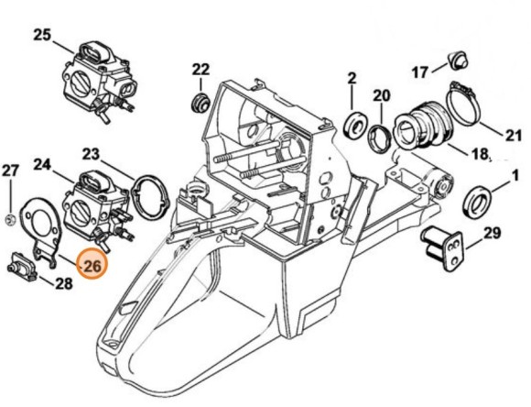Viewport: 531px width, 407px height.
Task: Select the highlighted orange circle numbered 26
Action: tap(92, 267)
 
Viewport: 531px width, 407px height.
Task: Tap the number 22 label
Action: tap(200, 69)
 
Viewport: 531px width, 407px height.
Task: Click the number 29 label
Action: tap(492, 234)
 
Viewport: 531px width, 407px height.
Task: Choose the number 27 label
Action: tap(10, 170)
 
